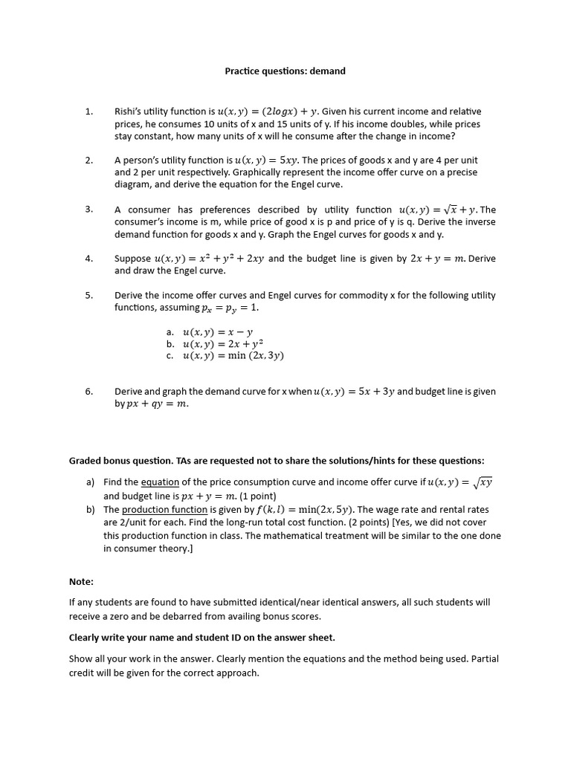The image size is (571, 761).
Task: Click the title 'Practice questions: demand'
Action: [285, 71]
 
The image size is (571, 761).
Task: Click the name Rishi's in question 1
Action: [129, 111]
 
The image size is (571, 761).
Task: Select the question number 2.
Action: [88, 160]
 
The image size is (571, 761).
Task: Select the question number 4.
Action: [88, 259]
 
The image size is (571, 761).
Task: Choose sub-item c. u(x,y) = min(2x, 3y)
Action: [233, 355]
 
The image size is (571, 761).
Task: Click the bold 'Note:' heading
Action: [82, 582]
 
